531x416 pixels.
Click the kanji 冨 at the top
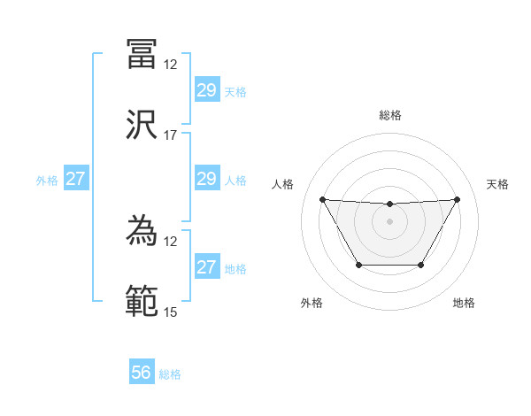pyautogui.click(x=142, y=54)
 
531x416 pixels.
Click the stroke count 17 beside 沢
pyautogui.click(x=171, y=135)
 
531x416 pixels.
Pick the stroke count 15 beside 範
pyautogui.click(x=171, y=312)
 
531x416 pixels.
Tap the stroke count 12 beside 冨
pyautogui.click(x=171, y=65)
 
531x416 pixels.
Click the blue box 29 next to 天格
pyautogui.click(x=206, y=90)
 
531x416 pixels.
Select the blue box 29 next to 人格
pyautogui.click(x=206, y=180)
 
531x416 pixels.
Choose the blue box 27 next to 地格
pyautogui.click(x=206, y=267)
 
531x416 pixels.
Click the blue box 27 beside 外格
pyautogui.click(x=76, y=180)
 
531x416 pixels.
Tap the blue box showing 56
pyautogui.click(x=142, y=373)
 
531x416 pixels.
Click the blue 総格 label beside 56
pyautogui.click(x=170, y=374)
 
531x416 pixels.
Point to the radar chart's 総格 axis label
pyautogui.click(x=389, y=115)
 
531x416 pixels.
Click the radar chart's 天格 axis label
pyautogui.click(x=498, y=184)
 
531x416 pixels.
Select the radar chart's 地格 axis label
pyautogui.click(x=464, y=303)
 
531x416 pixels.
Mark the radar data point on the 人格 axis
pyautogui.click(x=322, y=199)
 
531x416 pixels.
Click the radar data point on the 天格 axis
pyautogui.click(x=457, y=199)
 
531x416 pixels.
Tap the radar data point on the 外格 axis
pyautogui.click(x=358, y=265)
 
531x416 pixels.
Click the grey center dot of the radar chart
pyautogui.click(x=389, y=221)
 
